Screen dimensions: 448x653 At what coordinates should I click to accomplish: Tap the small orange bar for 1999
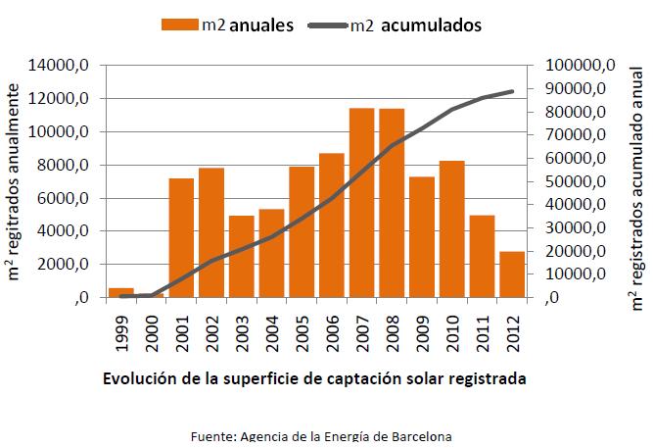click(121, 292)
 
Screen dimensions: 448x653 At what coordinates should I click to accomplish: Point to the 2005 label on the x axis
click(303, 332)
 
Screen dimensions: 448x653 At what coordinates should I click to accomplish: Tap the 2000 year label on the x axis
click(152, 332)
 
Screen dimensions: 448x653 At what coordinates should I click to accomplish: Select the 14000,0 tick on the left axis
click(61, 66)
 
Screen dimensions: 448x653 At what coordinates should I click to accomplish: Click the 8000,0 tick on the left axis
click(65, 166)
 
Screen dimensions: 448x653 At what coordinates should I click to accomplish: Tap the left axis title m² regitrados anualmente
click(17, 182)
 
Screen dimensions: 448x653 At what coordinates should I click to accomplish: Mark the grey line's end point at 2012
click(512, 91)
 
